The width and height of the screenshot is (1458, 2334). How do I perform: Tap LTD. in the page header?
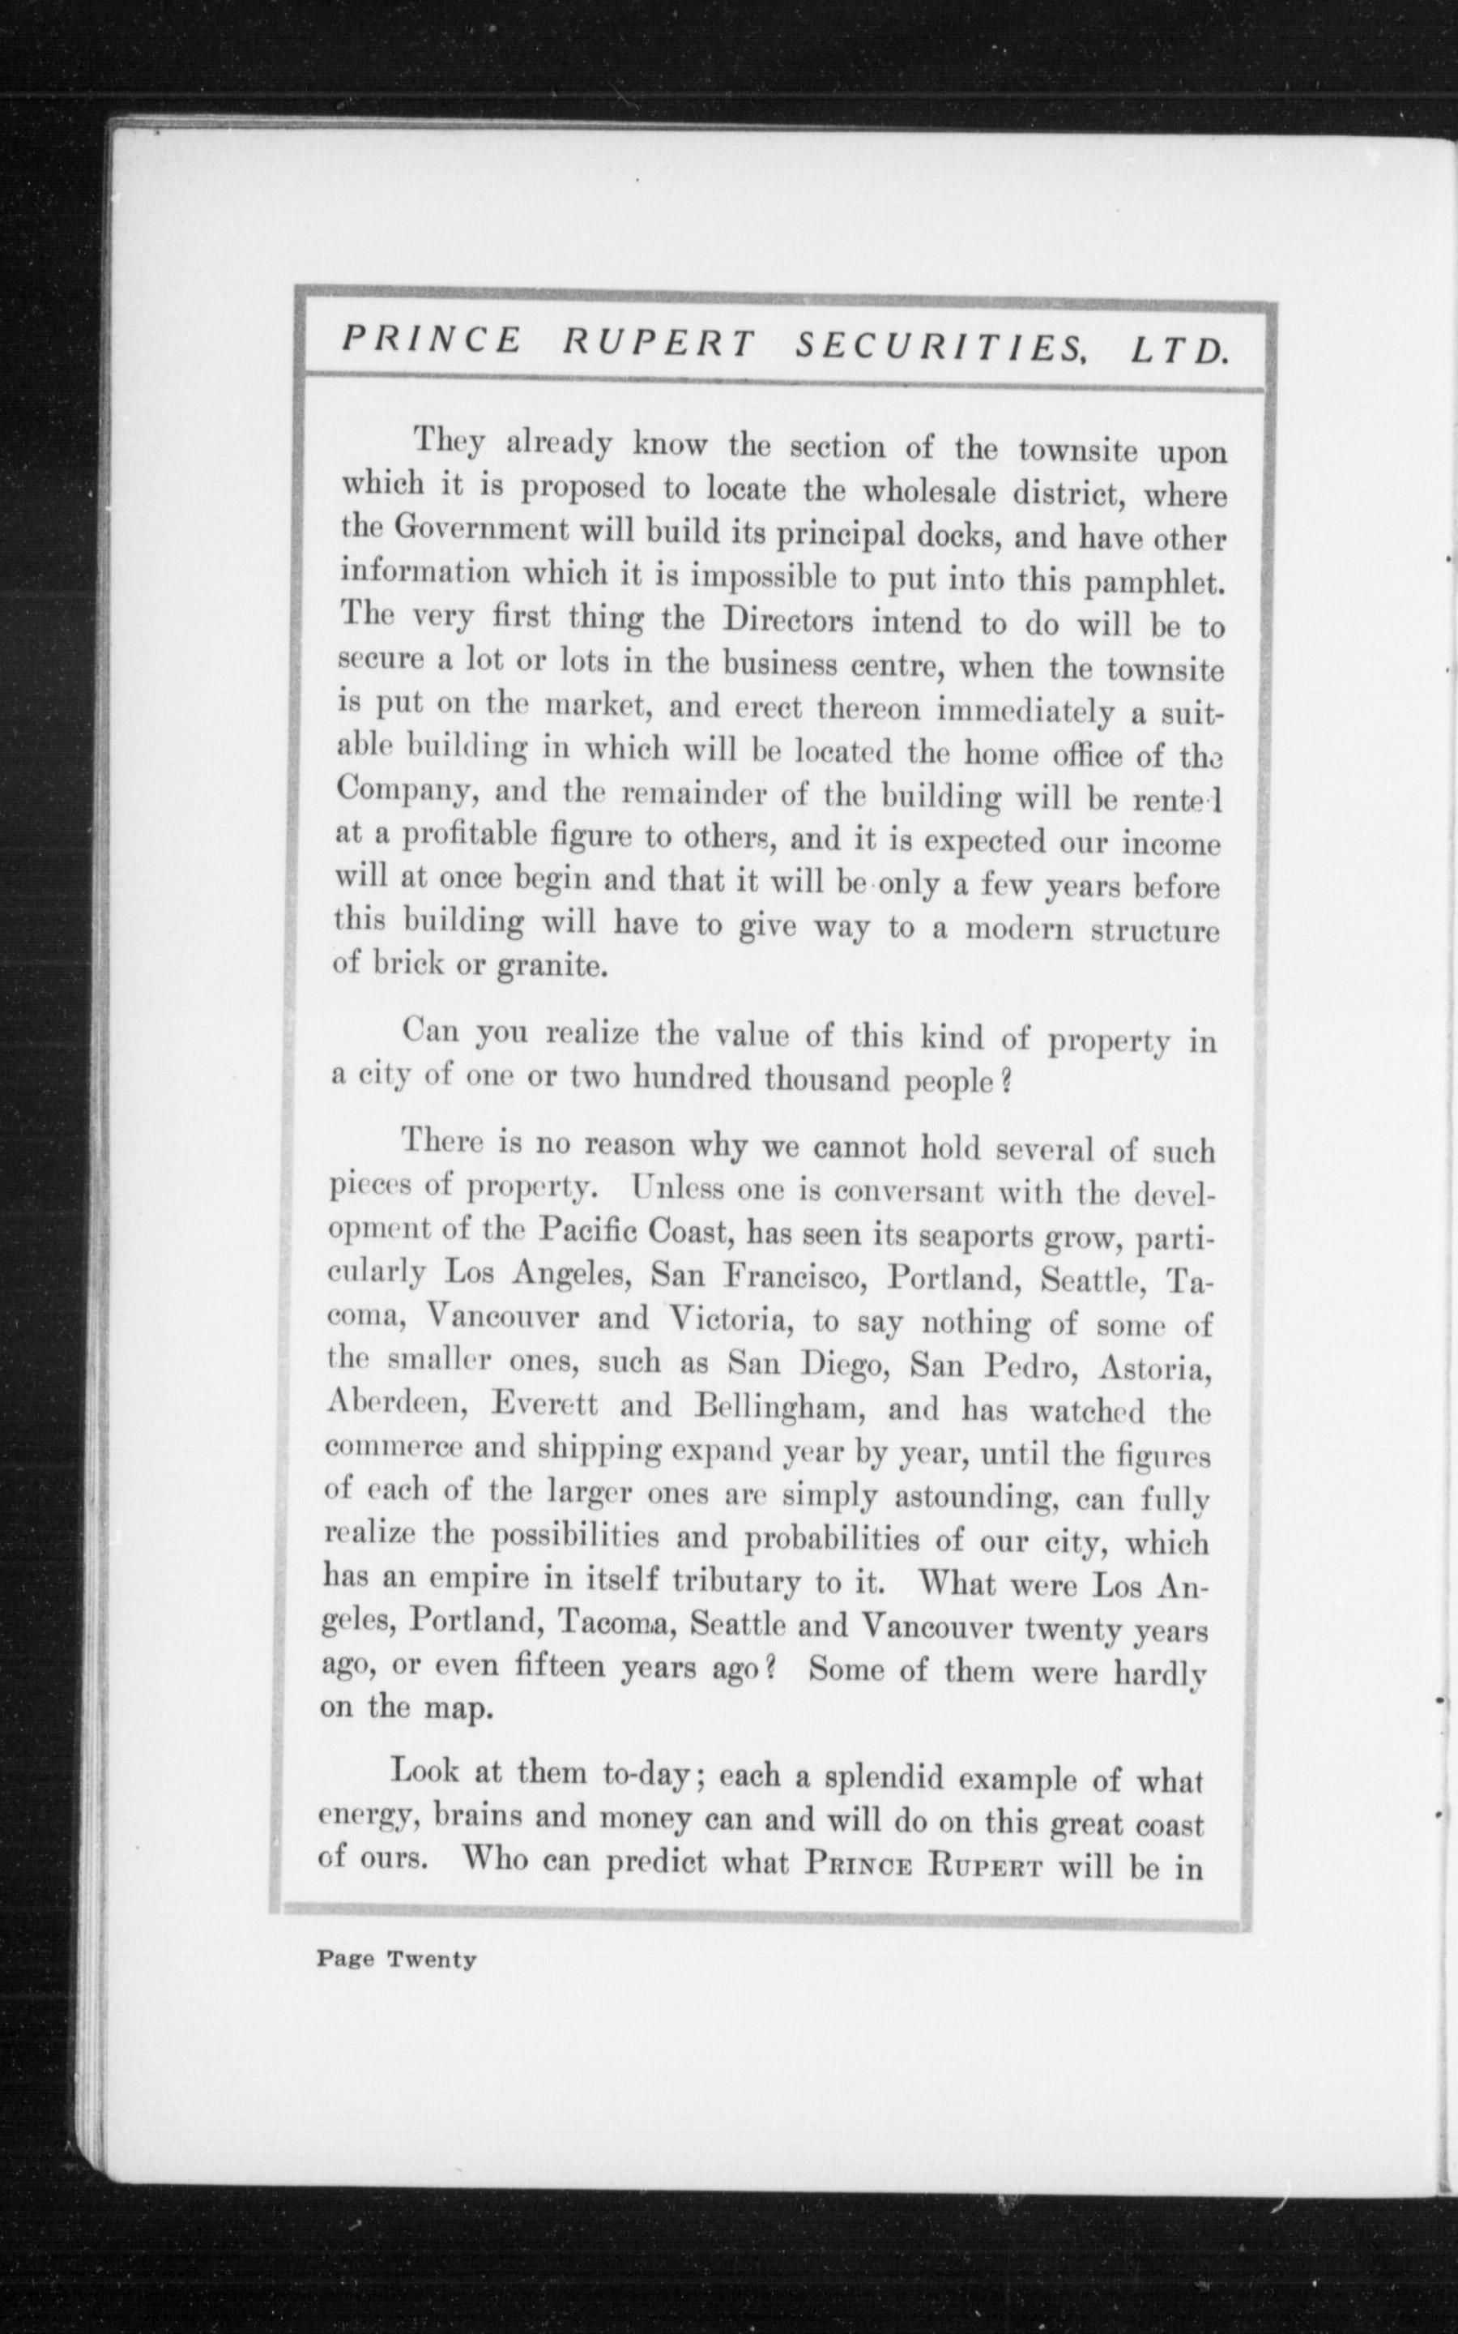(1179, 349)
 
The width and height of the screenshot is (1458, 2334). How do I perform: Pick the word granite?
(552, 966)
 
